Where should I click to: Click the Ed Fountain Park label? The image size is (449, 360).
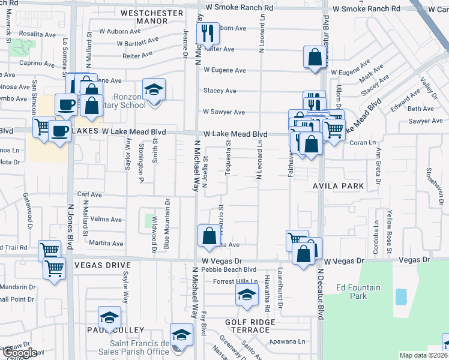coord(358,292)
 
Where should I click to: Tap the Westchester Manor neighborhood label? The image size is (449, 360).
coord(152,16)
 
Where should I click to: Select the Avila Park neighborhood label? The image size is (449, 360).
coord(338,186)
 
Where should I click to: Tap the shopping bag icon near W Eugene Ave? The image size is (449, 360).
coord(315,58)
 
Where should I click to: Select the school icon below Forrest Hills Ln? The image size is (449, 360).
coord(246,296)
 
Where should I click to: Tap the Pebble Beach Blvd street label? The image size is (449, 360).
coord(229,270)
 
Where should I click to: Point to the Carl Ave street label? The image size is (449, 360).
coord(89,194)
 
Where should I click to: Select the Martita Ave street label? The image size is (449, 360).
coord(106,244)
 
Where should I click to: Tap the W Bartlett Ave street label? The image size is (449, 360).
coord(137,43)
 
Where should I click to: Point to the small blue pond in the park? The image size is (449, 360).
coord(400,296)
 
